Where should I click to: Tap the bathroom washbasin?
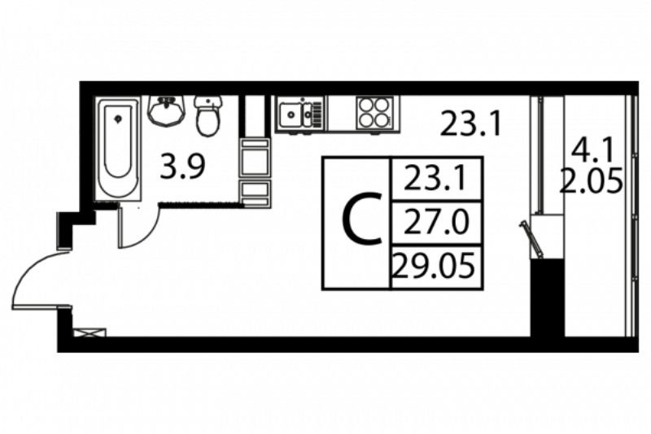click(x=166, y=111)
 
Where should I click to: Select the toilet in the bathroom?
click(x=208, y=115)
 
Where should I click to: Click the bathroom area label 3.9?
click(x=182, y=167)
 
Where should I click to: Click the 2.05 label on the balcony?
click(x=592, y=180)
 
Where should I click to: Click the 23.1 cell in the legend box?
click(x=436, y=179)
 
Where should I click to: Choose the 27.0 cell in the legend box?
click(x=436, y=223)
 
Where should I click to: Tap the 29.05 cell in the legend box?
click(x=436, y=266)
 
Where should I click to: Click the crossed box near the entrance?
click(x=90, y=333)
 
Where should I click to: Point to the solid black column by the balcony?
click(x=547, y=297)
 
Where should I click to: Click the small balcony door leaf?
click(x=531, y=240)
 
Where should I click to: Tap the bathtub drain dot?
click(x=118, y=119)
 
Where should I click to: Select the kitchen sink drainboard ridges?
click(x=317, y=113)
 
